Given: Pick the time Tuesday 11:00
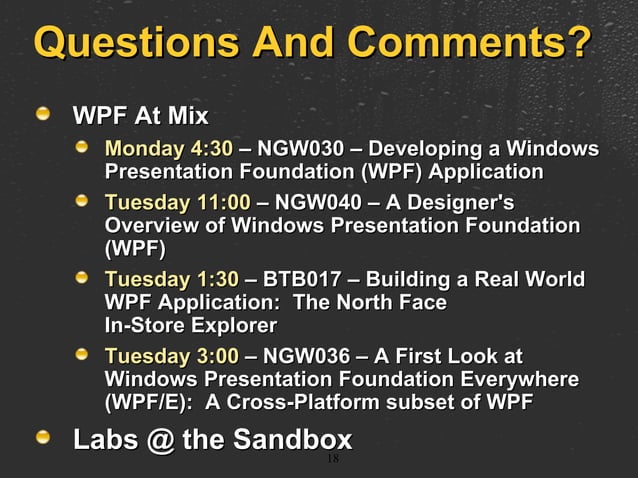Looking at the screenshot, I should coord(177,203).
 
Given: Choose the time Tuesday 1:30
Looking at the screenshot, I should coord(172,279).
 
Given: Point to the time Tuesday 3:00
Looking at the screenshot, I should coord(172,357).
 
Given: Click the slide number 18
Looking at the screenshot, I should coord(333,459).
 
